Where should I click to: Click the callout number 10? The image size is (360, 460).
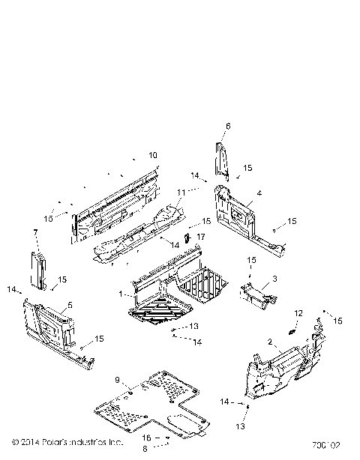[153, 155]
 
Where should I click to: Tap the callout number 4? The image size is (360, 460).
[259, 193]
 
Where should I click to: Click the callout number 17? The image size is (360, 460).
[200, 237]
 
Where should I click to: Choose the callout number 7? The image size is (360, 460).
[35, 233]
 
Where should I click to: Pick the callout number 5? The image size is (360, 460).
[70, 306]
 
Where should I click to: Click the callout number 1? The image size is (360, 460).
[121, 294]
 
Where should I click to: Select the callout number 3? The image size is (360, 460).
[274, 278]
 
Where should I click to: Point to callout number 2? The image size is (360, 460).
[268, 342]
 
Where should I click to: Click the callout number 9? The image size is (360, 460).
[118, 380]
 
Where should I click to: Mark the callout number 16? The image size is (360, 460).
[147, 437]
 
